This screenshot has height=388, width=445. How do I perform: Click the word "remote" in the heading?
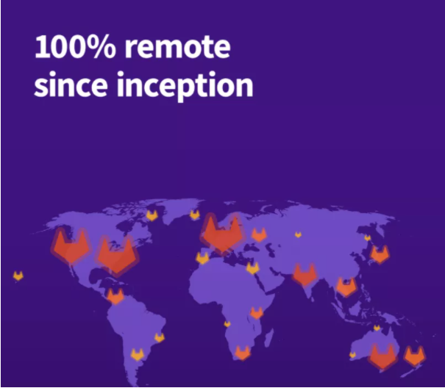(177, 47)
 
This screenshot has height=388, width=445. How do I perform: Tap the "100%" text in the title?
(75, 47)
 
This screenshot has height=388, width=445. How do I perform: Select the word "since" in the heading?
(71, 85)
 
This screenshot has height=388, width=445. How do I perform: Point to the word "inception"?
(185, 87)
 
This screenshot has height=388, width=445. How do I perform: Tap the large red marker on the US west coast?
(71, 246)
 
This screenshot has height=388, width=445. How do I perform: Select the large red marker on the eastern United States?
(117, 256)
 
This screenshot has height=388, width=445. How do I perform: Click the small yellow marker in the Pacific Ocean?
(18, 276)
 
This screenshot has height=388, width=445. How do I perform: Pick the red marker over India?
(305, 275)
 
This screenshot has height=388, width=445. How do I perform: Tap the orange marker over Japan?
(380, 254)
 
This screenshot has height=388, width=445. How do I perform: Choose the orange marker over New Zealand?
(415, 356)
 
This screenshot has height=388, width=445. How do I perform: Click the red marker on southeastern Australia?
(382, 356)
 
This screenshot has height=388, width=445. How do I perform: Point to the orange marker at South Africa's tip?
(243, 353)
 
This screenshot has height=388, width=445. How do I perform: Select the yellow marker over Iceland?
(195, 215)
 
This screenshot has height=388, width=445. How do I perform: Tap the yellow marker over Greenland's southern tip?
(152, 215)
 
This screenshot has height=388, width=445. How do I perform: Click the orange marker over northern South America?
(115, 296)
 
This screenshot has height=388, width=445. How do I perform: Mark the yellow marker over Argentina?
(138, 354)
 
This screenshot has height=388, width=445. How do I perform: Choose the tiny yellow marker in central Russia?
(298, 234)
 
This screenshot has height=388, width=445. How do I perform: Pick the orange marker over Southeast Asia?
(346, 287)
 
